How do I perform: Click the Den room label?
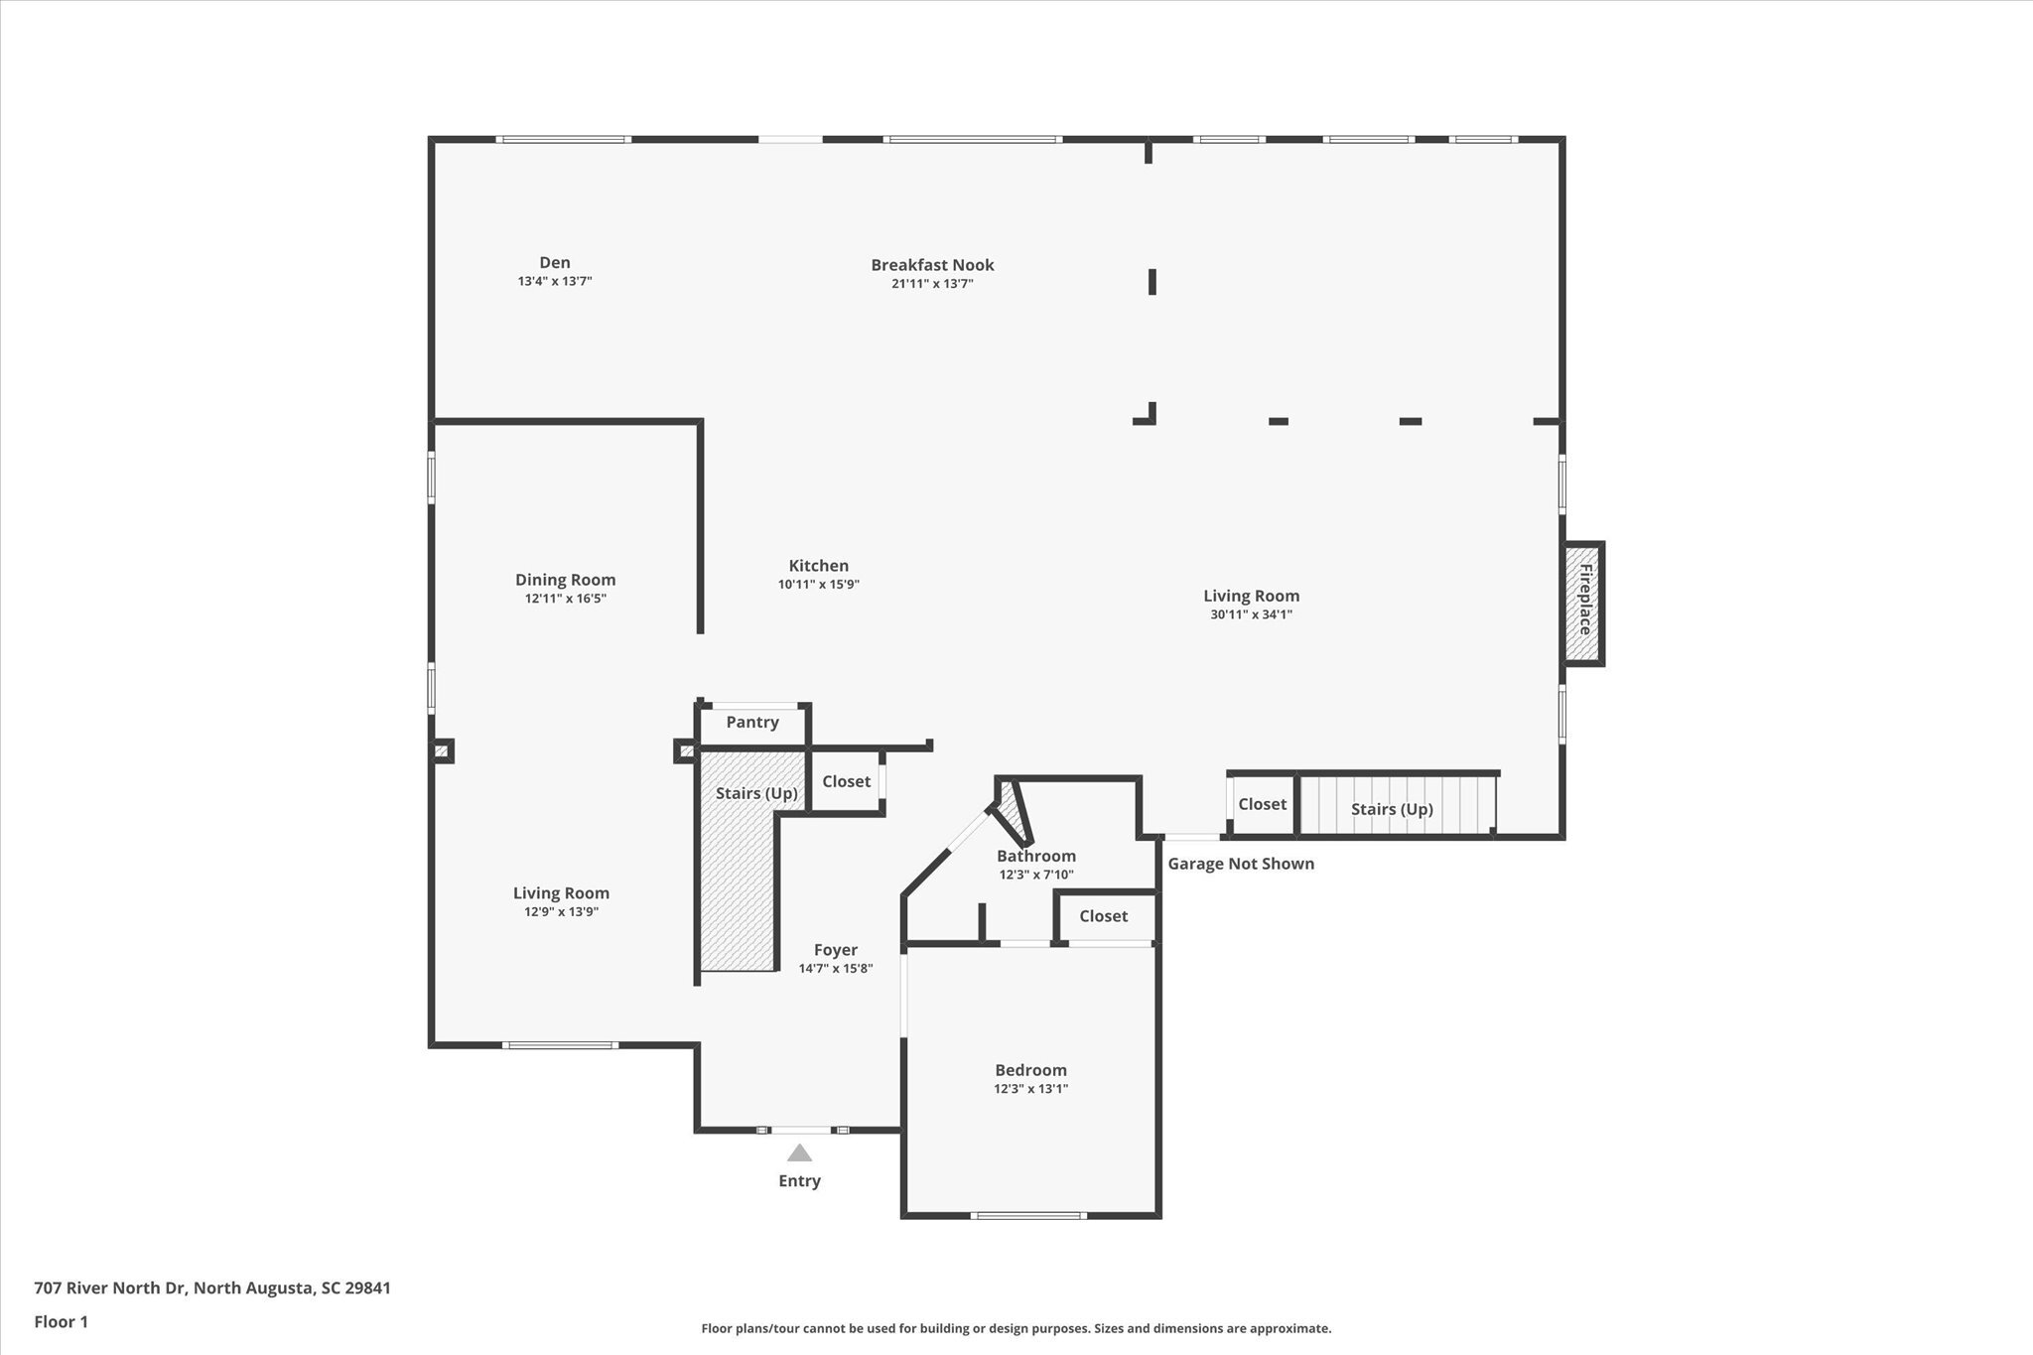click(555, 263)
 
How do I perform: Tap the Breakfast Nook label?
click(932, 265)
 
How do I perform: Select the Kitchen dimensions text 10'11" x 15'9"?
click(818, 585)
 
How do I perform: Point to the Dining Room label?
click(565, 580)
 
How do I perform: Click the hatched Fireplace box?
click(1584, 604)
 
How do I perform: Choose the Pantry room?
click(752, 723)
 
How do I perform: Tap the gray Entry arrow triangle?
click(799, 1153)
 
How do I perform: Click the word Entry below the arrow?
click(799, 1180)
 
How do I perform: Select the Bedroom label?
click(1030, 1070)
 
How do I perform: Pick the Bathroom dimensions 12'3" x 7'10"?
click(1035, 876)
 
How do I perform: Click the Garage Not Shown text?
click(1241, 864)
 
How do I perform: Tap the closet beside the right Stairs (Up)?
click(1262, 804)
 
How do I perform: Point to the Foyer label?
click(835, 950)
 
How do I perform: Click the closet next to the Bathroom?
click(1103, 916)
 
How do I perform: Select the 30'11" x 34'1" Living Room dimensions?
click(1251, 614)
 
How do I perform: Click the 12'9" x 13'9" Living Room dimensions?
click(561, 912)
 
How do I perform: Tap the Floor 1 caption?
click(62, 1321)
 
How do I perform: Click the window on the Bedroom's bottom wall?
click(1027, 1215)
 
